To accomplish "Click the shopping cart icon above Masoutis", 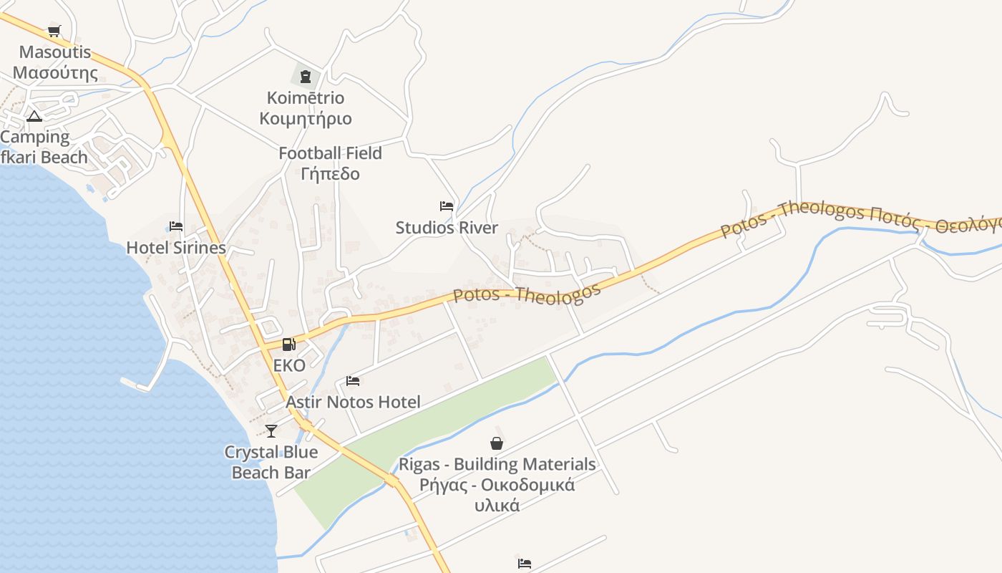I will tap(54, 31).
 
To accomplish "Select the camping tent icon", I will tap(34, 116).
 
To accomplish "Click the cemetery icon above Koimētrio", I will tap(306, 77).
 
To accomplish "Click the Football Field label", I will tap(330, 153).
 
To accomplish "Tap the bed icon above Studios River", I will tap(447, 206).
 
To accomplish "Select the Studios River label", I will tap(447, 228).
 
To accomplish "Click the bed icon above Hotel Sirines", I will tap(176, 226).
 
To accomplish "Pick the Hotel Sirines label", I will tap(176, 248).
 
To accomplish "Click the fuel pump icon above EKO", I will tap(288, 345).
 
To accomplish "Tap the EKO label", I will tap(289, 365).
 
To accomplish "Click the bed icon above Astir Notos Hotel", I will tap(352, 380).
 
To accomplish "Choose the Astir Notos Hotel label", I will tap(353, 402).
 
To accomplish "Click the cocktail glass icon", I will tap(271, 430).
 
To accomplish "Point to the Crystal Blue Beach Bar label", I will tap(271, 462).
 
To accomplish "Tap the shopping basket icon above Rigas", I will tap(497, 443).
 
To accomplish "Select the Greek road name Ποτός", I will tap(893, 215).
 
